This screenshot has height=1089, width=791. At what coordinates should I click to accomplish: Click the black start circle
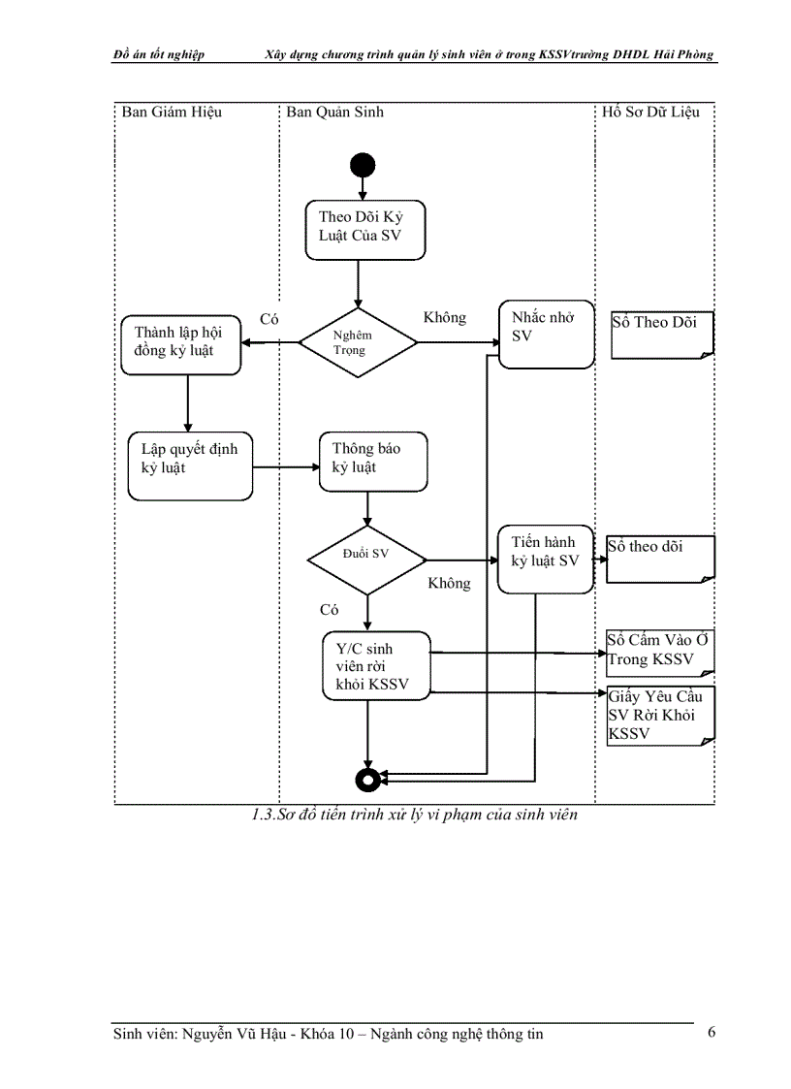pyautogui.click(x=364, y=165)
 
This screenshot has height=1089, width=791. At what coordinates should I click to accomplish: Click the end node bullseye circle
pyautogui.click(x=366, y=778)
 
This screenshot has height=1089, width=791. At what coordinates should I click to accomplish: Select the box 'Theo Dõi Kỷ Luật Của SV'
pyautogui.click(x=365, y=230)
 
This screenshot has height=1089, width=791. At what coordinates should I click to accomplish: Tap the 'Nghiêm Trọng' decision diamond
pyautogui.click(x=358, y=341)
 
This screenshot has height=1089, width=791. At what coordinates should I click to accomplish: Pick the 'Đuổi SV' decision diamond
pyautogui.click(x=366, y=560)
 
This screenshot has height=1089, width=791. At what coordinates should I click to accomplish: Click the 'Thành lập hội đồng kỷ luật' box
pyautogui.click(x=180, y=342)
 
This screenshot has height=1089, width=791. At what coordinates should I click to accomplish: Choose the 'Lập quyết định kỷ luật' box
pyautogui.click(x=190, y=465)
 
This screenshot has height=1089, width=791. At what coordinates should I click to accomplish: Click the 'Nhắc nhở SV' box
pyautogui.click(x=546, y=334)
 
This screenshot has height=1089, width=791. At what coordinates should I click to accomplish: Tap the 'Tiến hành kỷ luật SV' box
pyautogui.click(x=545, y=558)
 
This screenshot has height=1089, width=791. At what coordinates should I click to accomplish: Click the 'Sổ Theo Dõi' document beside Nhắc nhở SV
pyautogui.click(x=661, y=335)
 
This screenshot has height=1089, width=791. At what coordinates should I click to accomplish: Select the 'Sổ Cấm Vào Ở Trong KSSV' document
pyautogui.click(x=659, y=652)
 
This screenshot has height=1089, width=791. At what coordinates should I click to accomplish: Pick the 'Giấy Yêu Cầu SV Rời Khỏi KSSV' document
pyautogui.click(x=660, y=716)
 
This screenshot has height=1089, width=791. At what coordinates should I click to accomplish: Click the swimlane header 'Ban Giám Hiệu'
pyautogui.click(x=172, y=112)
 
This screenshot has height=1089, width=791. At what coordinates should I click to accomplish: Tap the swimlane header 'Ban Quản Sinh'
pyautogui.click(x=334, y=112)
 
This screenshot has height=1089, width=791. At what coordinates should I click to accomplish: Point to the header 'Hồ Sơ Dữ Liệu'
pyautogui.click(x=650, y=112)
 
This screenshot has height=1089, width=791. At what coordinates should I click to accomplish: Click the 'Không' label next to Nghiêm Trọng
pyautogui.click(x=445, y=318)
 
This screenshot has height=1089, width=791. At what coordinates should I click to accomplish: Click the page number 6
pyautogui.click(x=712, y=1032)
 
